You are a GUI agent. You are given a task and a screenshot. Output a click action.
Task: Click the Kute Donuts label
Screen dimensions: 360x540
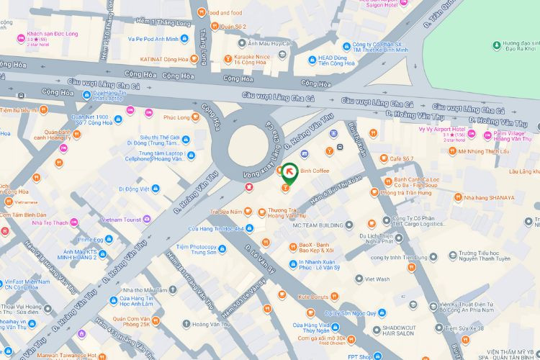point(313,297)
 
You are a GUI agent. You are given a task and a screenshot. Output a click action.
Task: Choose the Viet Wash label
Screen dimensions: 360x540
point(377,279)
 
